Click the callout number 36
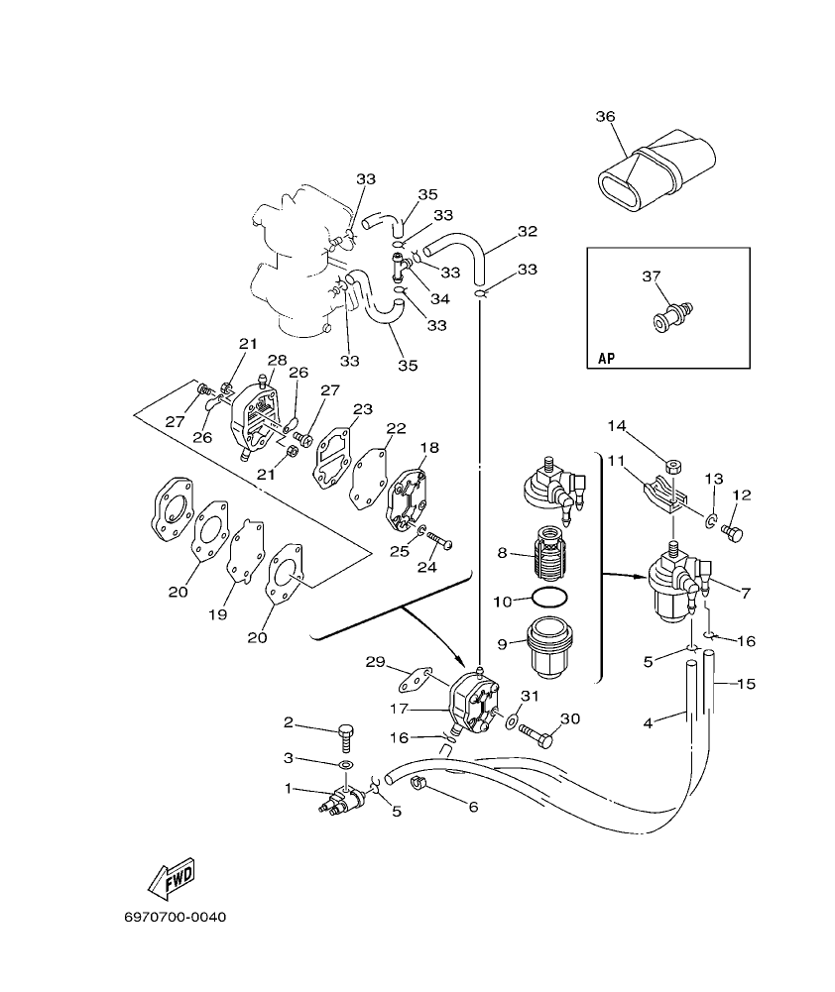click(605, 117)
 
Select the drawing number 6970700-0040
click(176, 917)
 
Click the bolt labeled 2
click(346, 737)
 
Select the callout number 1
click(289, 789)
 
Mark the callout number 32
click(527, 231)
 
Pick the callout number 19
click(217, 614)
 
